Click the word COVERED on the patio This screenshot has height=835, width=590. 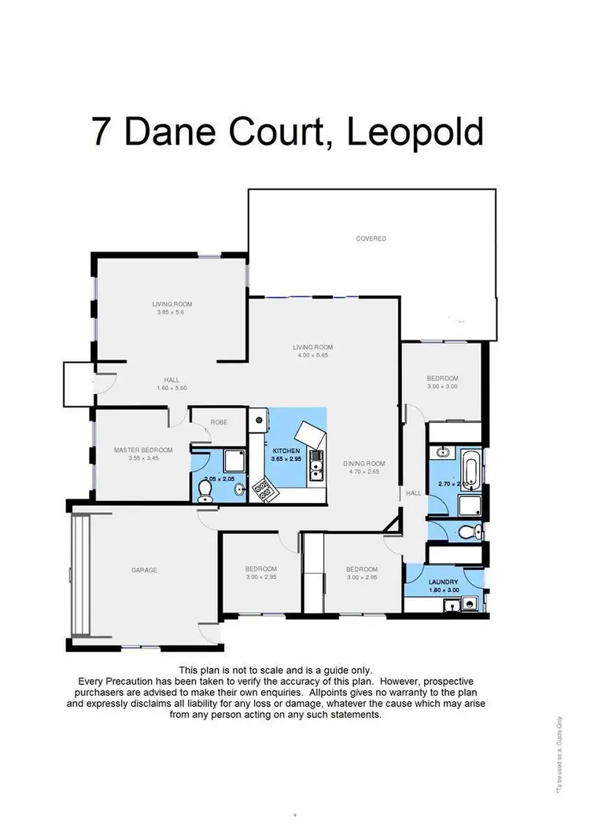pyautogui.click(x=371, y=238)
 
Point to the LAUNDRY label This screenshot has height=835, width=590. pyautogui.click(x=444, y=582)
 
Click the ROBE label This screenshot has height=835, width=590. pyautogui.click(x=218, y=422)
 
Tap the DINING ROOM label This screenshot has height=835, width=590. pyautogui.click(x=363, y=464)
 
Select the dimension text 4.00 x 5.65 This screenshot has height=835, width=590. pyautogui.click(x=312, y=355)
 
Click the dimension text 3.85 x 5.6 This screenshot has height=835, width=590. pyautogui.click(x=171, y=312)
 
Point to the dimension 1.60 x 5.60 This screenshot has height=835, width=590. pyautogui.click(x=171, y=388)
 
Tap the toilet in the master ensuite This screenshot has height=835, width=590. pyautogui.click(x=206, y=490)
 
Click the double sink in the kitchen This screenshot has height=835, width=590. pyautogui.click(x=316, y=465)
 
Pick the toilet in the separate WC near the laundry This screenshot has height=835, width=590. pyautogui.click(x=467, y=532)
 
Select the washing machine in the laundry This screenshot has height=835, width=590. pyautogui.click(x=470, y=605)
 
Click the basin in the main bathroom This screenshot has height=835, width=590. pyautogui.click(x=442, y=453)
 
